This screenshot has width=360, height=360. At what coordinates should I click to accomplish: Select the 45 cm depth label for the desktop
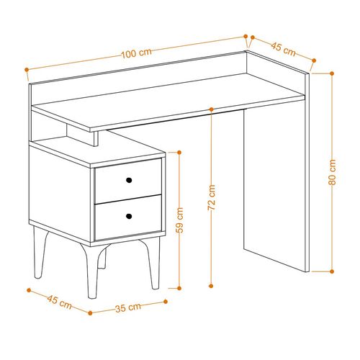(x=283, y=50)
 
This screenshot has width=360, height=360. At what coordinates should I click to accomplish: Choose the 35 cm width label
(x=128, y=307)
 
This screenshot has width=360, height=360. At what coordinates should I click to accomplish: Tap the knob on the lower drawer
(x=130, y=215)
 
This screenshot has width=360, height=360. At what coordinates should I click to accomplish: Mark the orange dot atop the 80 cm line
(x=333, y=72)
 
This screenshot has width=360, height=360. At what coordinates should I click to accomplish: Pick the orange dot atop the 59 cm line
(x=179, y=151)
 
